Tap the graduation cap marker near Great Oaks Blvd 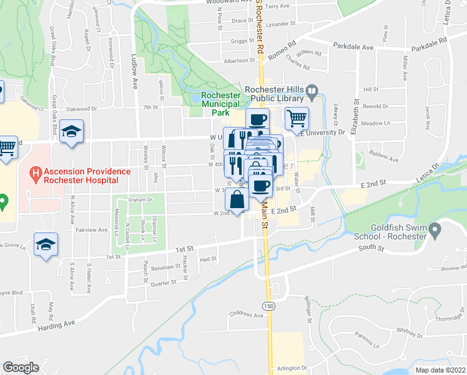72,132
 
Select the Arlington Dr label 295,369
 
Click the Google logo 21,367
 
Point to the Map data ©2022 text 440,370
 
